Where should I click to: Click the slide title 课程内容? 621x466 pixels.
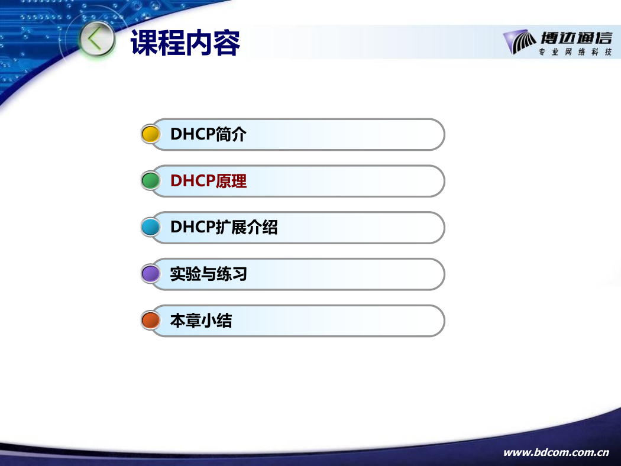coord(185,43)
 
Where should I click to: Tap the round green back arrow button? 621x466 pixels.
coord(96,40)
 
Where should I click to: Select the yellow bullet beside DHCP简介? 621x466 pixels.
coord(150,134)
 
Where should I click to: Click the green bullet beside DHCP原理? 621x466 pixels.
coord(150,180)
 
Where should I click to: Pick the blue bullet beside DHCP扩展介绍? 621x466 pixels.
coord(150,227)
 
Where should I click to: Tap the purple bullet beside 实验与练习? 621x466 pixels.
coord(150,274)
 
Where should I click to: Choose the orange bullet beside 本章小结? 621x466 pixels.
coord(150,321)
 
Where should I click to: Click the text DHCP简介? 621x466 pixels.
coord(208,134)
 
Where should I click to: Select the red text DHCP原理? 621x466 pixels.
coord(208,181)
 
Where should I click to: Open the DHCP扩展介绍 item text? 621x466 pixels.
coord(224,227)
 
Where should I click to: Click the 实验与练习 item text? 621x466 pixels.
coord(208,274)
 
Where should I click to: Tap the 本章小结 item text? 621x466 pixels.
coord(201,321)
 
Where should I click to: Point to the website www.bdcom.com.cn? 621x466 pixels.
coord(556,452)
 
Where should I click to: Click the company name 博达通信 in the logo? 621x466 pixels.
coord(577,38)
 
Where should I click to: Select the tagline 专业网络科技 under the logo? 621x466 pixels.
coord(575,52)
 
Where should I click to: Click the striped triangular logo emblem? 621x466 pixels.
coord(519,41)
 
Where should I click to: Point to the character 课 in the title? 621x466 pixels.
coord(144,43)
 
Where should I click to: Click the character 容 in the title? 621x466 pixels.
coord(227,43)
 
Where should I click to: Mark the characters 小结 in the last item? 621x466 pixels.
coord(216,321)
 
